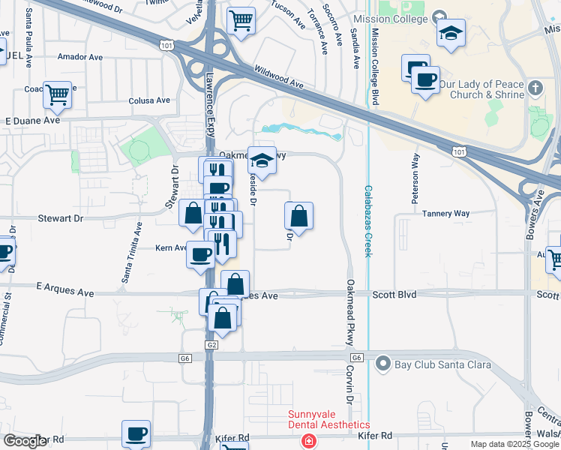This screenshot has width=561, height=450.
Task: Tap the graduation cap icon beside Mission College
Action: (451, 33)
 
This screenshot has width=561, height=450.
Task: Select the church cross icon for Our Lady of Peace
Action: (535, 88)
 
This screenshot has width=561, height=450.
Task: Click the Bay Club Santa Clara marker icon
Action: (383, 365)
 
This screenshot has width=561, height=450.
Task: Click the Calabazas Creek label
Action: (367, 221)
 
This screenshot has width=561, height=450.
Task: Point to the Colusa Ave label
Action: (149, 100)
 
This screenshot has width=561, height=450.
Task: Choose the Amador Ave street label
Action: (79, 57)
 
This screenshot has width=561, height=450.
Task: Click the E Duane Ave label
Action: (32, 120)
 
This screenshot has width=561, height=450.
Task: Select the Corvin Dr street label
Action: (349, 385)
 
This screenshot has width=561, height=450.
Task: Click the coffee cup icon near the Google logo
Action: (136, 433)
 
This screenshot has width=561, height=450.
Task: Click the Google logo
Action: (25, 441)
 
